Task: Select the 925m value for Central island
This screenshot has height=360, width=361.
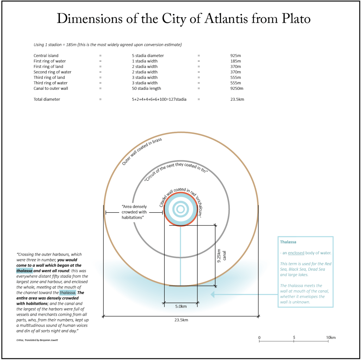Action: (235, 56)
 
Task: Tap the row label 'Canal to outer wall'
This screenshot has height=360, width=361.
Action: (51, 88)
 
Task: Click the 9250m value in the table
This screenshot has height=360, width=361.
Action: (237, 88)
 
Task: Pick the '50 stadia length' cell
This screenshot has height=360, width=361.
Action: (146, 88)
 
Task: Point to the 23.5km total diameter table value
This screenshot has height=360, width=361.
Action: (237, 99)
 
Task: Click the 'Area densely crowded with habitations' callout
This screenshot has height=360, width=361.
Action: (134, 212)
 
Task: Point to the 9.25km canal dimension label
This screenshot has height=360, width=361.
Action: (221, 255)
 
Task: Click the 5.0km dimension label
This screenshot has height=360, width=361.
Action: (181, 306)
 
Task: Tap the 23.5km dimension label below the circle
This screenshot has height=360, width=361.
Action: (181, 320)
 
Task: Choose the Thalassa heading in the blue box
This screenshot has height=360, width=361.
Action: (288, 242)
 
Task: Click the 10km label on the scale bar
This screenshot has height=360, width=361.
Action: (331, 337)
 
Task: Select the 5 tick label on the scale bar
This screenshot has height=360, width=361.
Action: (294, 337)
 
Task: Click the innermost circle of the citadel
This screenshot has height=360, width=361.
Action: (180, 209)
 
